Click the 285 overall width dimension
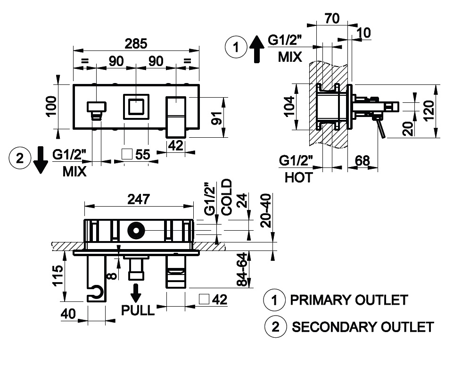point(136,44)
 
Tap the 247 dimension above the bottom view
point(139,199)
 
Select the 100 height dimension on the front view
point(51,106)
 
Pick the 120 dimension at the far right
point(429,110)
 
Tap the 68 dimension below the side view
point(363,161)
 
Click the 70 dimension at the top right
point(332,18)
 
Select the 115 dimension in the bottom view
point(58,275)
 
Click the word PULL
point(138,310)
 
